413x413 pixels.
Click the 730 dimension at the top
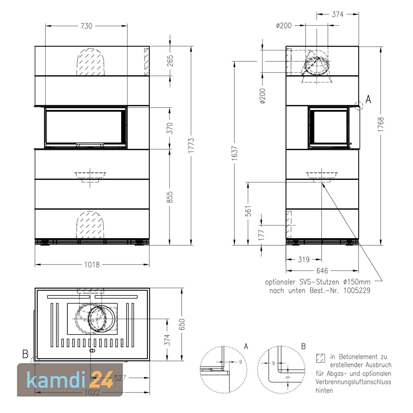click(x=86, y=26)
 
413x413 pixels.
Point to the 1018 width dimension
click(x=92, y=265)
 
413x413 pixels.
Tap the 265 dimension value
click(x=170, y=61)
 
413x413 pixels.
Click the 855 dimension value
click(x=170, y=197)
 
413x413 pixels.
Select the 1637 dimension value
click(x=234, y=153)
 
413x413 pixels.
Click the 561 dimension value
click(x=248, y=211)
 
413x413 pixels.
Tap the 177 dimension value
click(x=262, y=235)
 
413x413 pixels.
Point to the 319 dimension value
click(x=304, y=259)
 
